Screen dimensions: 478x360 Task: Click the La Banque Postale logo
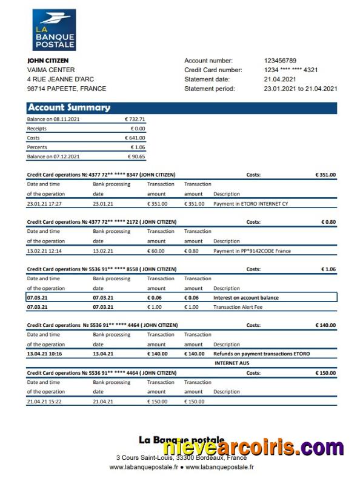pyautogui.click(x=54, y=30)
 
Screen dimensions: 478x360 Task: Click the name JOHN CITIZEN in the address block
pyautogui.click(x=48, y=61)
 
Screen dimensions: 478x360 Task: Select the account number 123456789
pyautogui.click(x=280, y=61)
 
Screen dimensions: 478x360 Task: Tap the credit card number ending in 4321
pyautogui.click(x=291, y=70)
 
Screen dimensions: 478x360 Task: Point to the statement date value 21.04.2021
pyautogui.click(x=280, y=79)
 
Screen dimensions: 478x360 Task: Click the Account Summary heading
pyautogui.click(x=69, y=108)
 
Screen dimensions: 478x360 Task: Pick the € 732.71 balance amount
pyautogui.click(x=135, y=119)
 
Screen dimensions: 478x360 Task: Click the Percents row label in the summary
pyautogui.click(x=37, y=147)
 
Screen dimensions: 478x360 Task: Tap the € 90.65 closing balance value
pyautogui.click(x=136, y=157)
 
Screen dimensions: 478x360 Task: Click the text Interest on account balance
pyautogui.click(x=245, y=298)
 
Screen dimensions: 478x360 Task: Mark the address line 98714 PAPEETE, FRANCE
pyautogui.click(x=67, y=89)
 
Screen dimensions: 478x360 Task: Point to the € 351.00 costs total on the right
pyautogui.click(x=325, y=175)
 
